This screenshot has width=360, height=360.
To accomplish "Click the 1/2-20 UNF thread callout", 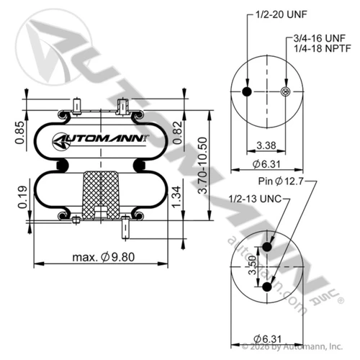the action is click(281, 15).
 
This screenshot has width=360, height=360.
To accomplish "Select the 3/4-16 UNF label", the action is click(320, 38).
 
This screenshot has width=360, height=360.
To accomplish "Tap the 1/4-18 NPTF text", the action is click(323, 48).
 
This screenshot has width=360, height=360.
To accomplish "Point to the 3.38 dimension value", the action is click(266, 145).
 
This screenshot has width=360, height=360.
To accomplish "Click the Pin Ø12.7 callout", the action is click(281, 181).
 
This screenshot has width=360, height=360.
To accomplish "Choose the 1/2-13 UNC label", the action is click(255, 199).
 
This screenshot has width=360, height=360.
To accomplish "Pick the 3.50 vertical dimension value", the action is click(253, 265).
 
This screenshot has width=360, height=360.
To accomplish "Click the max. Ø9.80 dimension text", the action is click(104, 257).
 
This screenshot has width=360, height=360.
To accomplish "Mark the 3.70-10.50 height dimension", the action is click(202, 166).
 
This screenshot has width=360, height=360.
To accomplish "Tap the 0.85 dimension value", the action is click(19, 132).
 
